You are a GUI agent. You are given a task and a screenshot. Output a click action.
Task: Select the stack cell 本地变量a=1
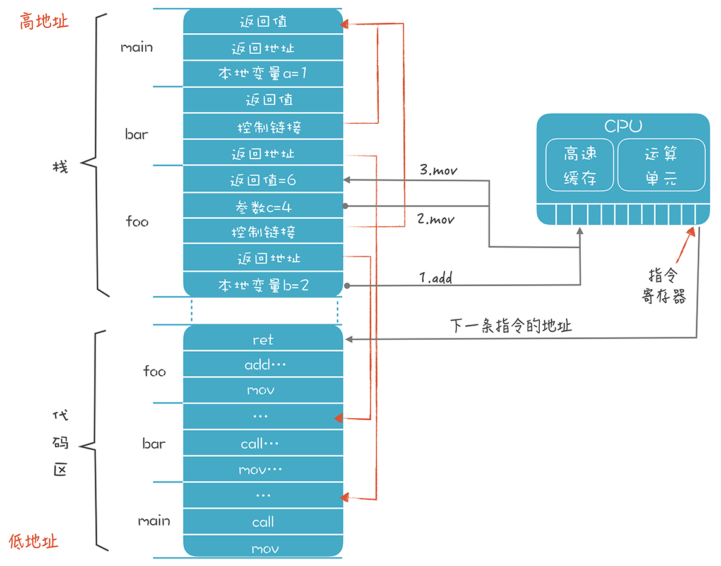coord(263,74)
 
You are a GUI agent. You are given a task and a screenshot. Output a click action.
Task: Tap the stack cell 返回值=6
coord(263,181)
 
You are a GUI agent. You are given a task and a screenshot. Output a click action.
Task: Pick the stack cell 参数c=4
coord(263,207)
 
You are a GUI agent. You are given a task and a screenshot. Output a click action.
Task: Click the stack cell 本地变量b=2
coord(263,286)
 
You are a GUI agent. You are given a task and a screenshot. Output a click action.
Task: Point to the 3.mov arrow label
coord(438,170)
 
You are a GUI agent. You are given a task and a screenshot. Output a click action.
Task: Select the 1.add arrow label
coord(436,277)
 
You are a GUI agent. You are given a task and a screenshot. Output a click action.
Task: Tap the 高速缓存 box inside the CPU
coord(580,166)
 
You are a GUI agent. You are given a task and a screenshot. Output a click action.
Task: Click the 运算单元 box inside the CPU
coord(661,166)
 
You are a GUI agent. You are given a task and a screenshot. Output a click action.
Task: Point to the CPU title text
coord(623,126)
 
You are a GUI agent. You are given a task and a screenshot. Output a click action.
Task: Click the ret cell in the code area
coord(263,340)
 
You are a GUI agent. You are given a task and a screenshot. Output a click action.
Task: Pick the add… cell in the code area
coord(263,365)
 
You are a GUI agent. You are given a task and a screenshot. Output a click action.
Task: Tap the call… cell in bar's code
coord(263,444)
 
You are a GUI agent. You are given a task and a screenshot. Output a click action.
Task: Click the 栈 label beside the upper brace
coord(60,167)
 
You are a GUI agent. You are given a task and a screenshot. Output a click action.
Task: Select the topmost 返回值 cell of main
coord(263,21)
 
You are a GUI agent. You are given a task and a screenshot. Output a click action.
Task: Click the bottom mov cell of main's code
coord(263,548)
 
